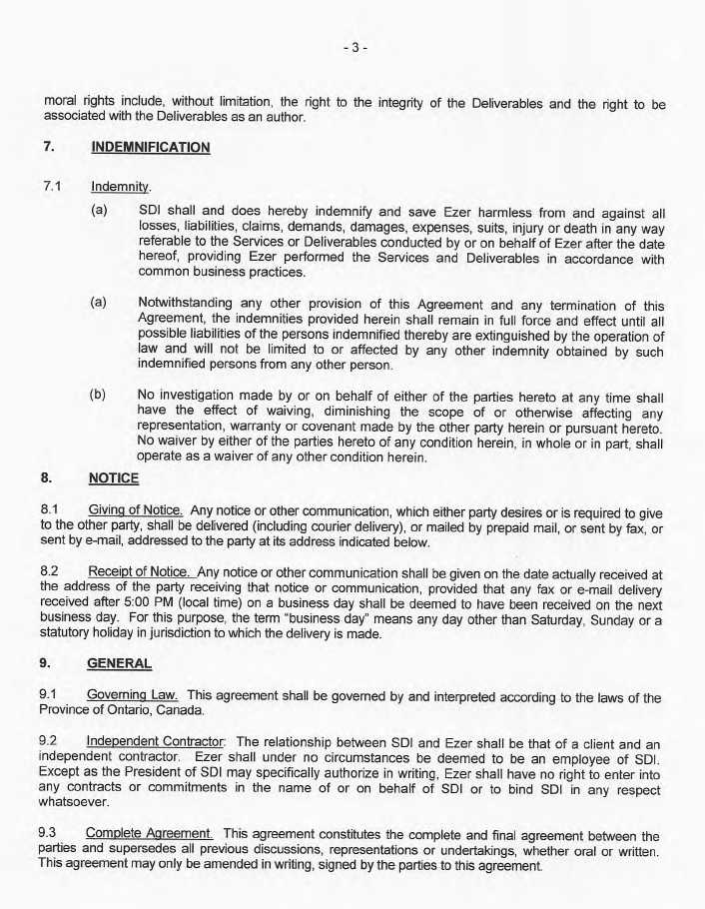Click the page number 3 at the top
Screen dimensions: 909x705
353,48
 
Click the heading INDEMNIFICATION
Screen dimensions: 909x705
150,148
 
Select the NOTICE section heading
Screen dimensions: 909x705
114,478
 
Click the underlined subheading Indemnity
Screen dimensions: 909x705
120,186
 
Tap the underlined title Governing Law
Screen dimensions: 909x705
133,696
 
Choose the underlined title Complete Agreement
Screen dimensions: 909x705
149,834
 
